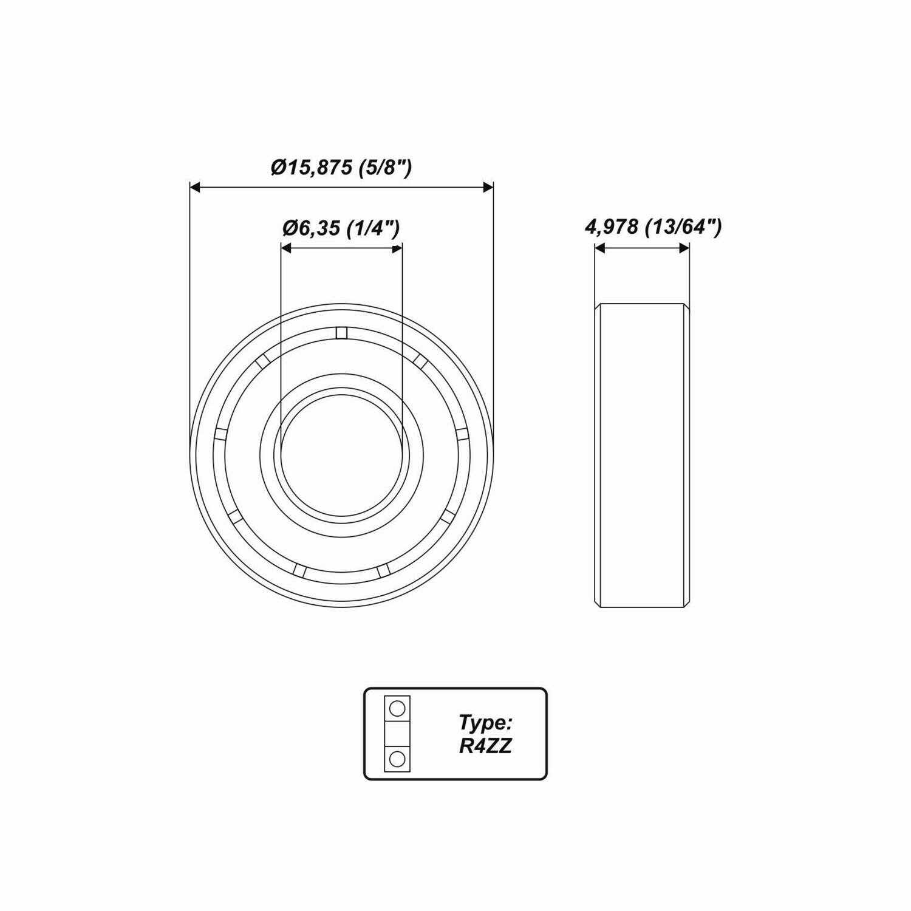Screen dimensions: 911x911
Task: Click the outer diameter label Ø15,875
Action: point(312,168)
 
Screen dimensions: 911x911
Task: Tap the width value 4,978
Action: point(611,228)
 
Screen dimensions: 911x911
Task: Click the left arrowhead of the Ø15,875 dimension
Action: point(196,188)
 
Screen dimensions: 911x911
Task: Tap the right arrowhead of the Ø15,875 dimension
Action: point(487,188)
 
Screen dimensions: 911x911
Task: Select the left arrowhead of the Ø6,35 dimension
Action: point(286,248)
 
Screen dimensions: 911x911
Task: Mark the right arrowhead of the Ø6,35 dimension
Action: point(396,248)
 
